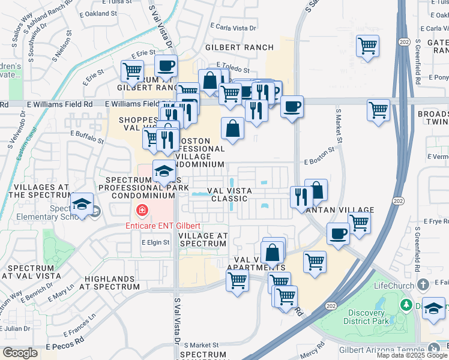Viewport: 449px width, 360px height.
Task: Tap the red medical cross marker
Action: click(142, 210)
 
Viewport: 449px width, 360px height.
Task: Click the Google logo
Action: click(20, 353)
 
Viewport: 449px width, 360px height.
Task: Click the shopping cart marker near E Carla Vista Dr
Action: click(367, 46)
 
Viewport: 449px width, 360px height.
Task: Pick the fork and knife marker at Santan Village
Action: click(301, 197)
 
